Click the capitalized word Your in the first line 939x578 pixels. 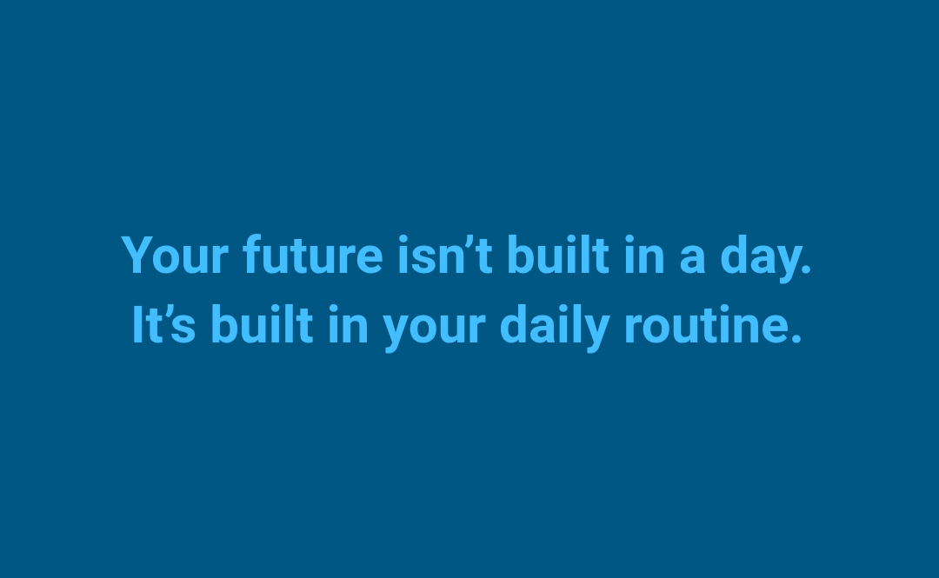tap(175, 256)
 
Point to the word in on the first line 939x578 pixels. tap(644, 256)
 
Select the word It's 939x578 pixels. tap(163, 324)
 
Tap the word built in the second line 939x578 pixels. tap(262, 324)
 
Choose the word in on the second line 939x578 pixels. tap(348, 325)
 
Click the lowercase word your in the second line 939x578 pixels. tap(434, 329)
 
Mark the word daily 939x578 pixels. tap(555, 328)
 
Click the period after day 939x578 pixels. tap(806, 269)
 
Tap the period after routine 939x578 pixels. tap(796, 339)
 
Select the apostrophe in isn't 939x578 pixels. tap(469, 242)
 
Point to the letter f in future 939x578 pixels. tap(254, 254)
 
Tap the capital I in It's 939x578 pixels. tap(137, 324)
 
